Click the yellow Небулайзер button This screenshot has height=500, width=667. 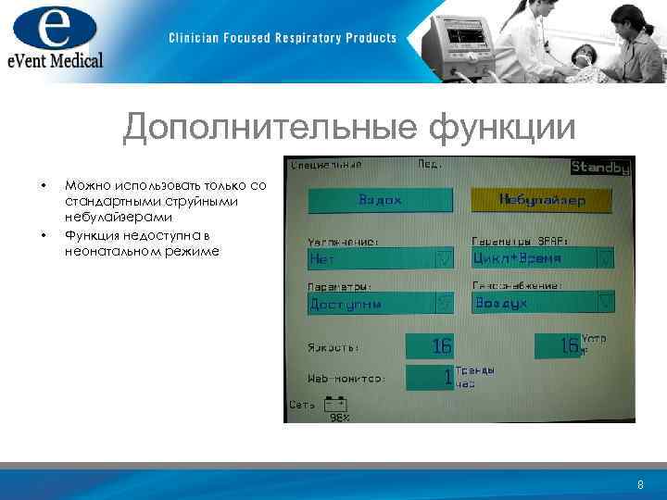[x=542, y=200]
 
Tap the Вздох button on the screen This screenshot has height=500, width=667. [x=380, y=201]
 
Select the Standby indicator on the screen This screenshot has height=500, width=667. [x=599, y=168]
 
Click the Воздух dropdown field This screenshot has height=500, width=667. [x=542, y=303]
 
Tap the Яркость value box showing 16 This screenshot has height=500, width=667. [x=429, y=346]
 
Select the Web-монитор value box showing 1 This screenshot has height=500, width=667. [x=429, y=377]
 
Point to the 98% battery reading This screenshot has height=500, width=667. [x=339, y=418]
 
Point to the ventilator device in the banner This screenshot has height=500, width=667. [x=455, y=42]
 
